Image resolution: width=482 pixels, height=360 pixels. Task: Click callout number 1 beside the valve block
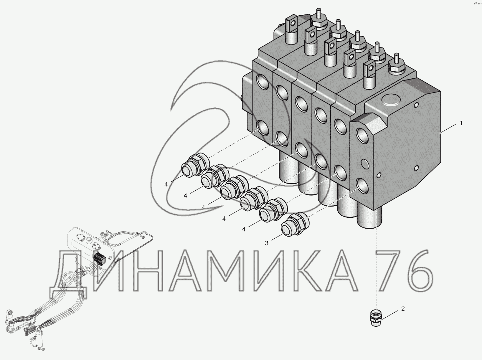coord(461,123)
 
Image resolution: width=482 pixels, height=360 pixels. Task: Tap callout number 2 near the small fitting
coord(403,309)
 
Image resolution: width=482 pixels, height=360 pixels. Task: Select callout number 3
coord(267,243)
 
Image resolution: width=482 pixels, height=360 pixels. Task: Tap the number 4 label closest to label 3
coord(244,229)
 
